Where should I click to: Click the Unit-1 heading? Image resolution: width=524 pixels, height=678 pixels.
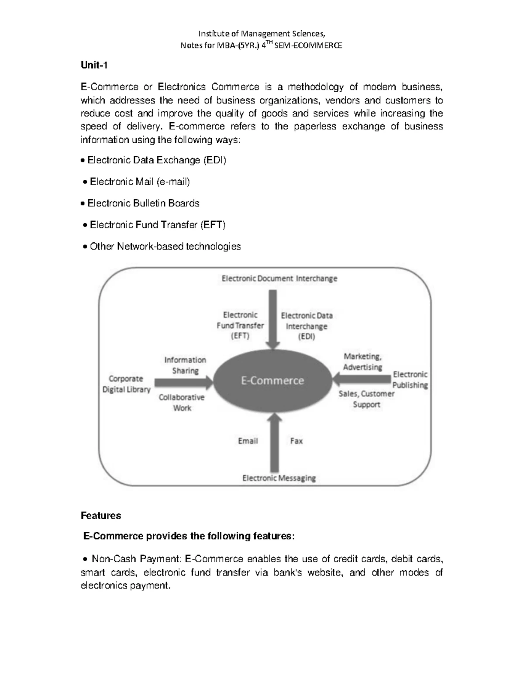tap(94, 65)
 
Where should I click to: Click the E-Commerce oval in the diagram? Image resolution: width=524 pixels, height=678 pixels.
tap(272, 381)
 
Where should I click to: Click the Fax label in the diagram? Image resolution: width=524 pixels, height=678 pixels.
tap(296, 441)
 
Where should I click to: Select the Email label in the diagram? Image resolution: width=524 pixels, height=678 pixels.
tap(248, 441)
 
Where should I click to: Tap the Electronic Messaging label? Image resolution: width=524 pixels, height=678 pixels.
tap(279, 478)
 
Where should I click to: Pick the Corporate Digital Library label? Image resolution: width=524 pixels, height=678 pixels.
tap(126, 384)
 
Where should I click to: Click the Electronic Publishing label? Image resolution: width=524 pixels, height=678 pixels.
tap(410, 380)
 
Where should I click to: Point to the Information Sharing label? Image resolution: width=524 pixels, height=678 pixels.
tap(185, 365)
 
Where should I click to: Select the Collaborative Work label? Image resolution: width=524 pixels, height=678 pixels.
tap(182, 403)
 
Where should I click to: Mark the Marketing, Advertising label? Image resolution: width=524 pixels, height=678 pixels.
tap(362, 362)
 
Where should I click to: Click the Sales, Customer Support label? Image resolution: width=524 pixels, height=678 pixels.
tap(366, 399)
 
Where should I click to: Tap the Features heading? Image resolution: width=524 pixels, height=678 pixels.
tap(101, 516)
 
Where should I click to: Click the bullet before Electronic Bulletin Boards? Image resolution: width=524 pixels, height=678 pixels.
tap(83, 204)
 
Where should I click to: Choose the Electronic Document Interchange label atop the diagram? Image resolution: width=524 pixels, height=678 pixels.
tap(279, 279)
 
